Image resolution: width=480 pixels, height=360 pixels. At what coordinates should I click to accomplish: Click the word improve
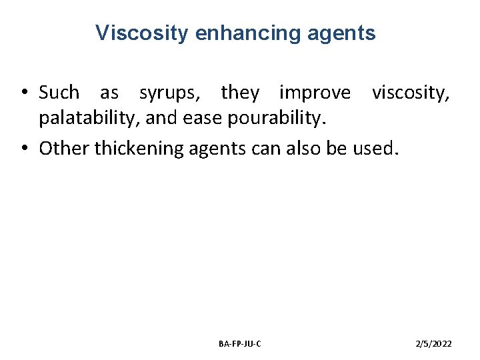coord(314,92)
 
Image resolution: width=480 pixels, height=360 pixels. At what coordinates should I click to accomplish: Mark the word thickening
coord(138,148)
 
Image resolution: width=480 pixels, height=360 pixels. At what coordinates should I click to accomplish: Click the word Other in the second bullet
coord(64,148)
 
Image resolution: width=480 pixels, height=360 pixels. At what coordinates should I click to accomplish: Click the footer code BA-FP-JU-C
coord(239,343)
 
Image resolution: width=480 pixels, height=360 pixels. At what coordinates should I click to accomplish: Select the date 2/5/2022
coord(433,343)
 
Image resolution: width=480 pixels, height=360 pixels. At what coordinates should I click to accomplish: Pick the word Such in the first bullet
coord(59,92)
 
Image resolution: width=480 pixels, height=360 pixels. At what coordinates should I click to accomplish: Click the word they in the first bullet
coord(239,93)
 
